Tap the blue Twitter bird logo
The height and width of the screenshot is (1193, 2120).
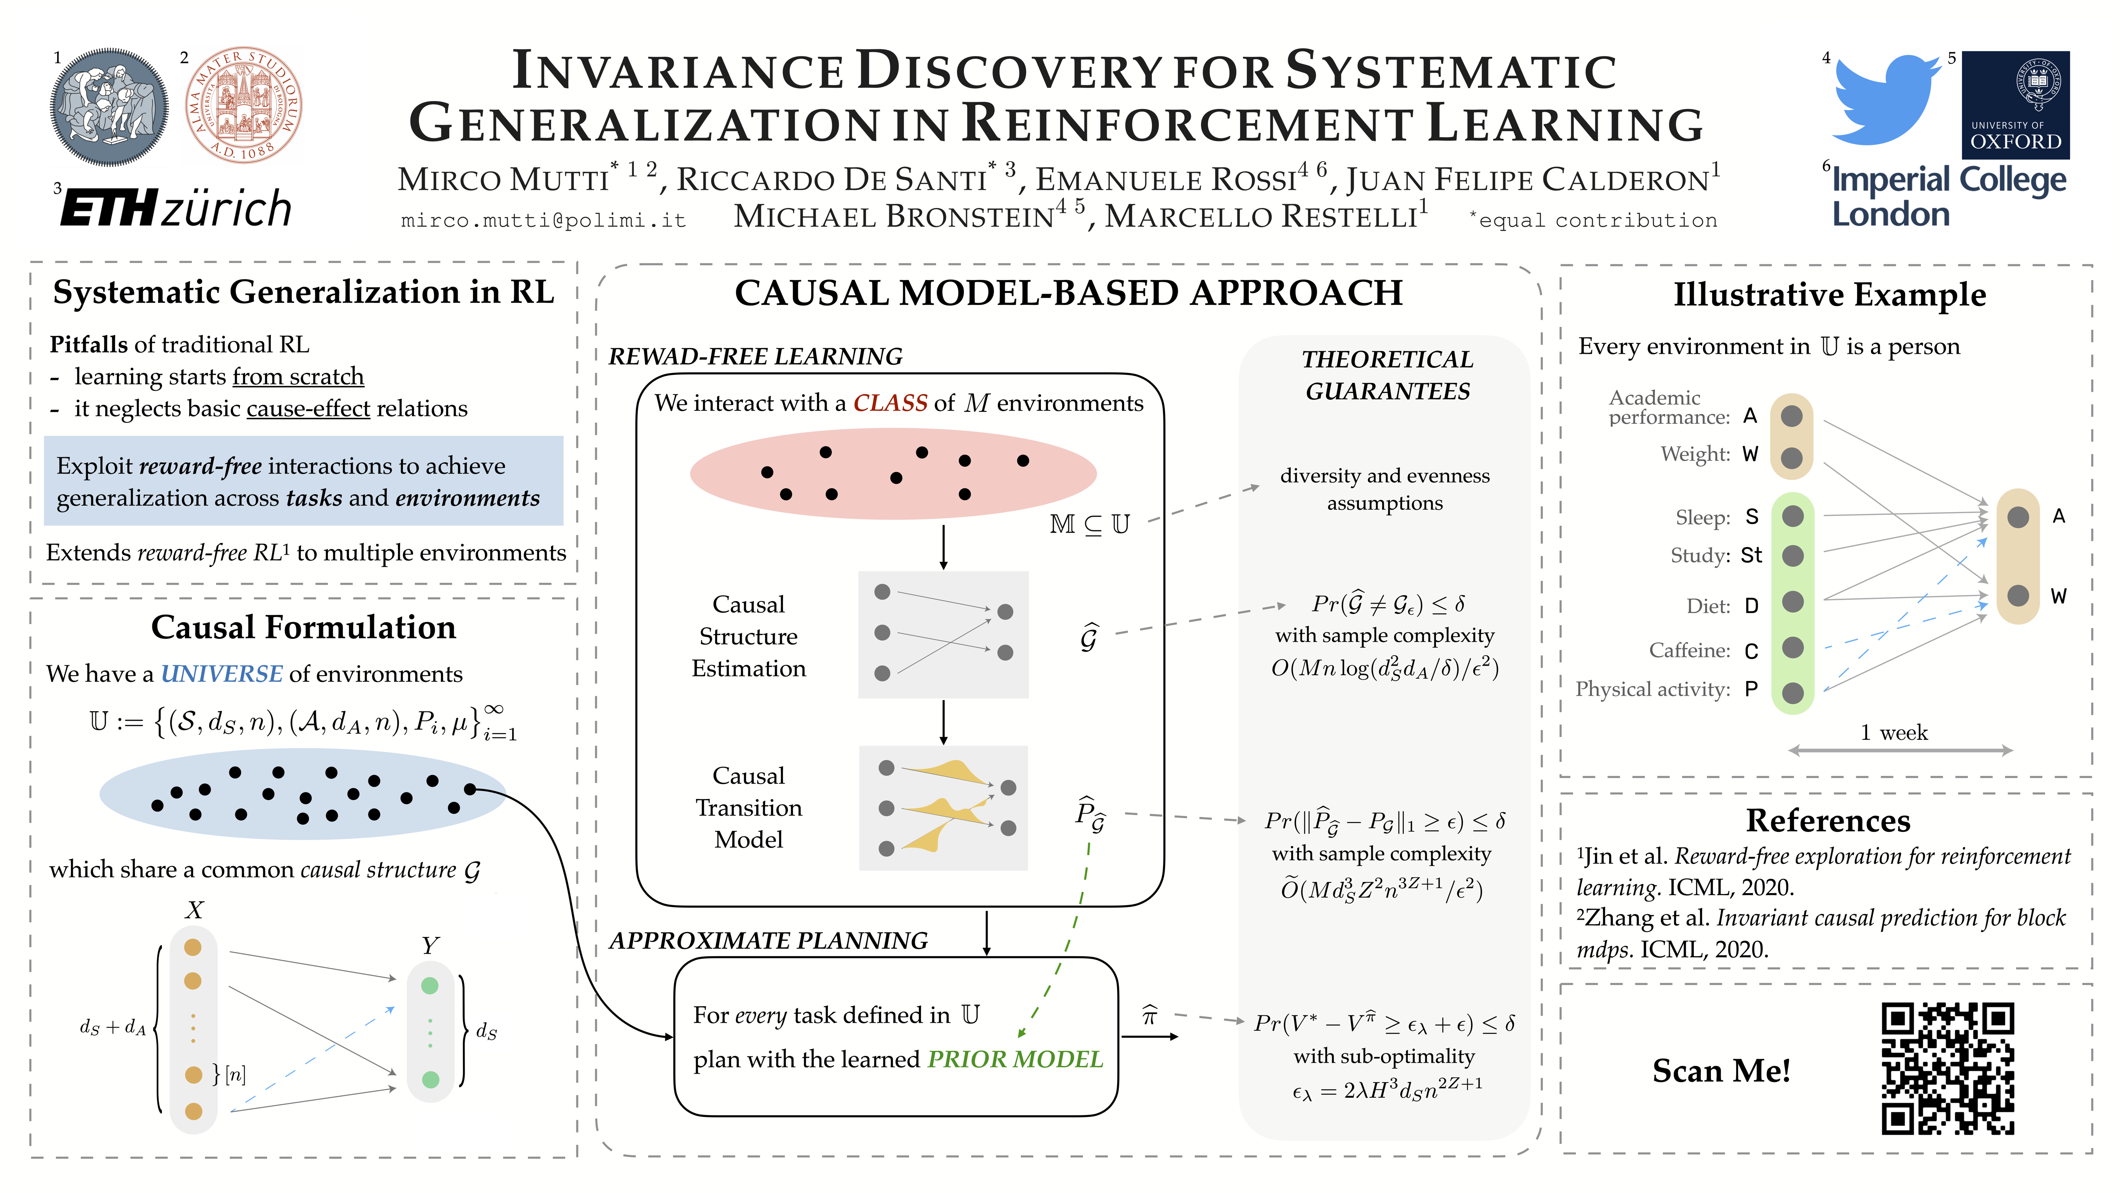tap(1885, 99)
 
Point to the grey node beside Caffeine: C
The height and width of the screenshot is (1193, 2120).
tap(1792, 648)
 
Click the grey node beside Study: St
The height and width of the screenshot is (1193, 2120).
tap(1792, 556)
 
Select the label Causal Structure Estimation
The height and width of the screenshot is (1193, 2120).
tap(748, 636)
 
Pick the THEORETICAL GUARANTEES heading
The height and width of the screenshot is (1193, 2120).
tap(1387, 374)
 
